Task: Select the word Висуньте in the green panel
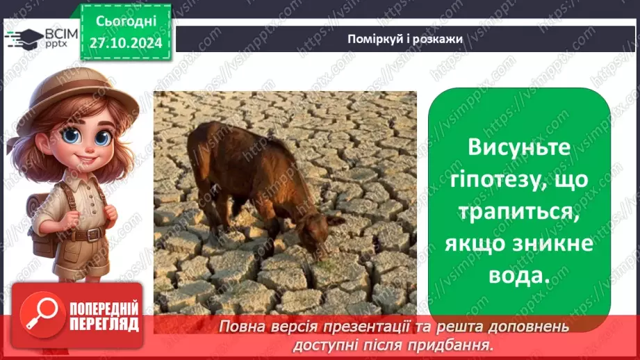519,147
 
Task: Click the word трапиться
519,212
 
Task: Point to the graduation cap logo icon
24,37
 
